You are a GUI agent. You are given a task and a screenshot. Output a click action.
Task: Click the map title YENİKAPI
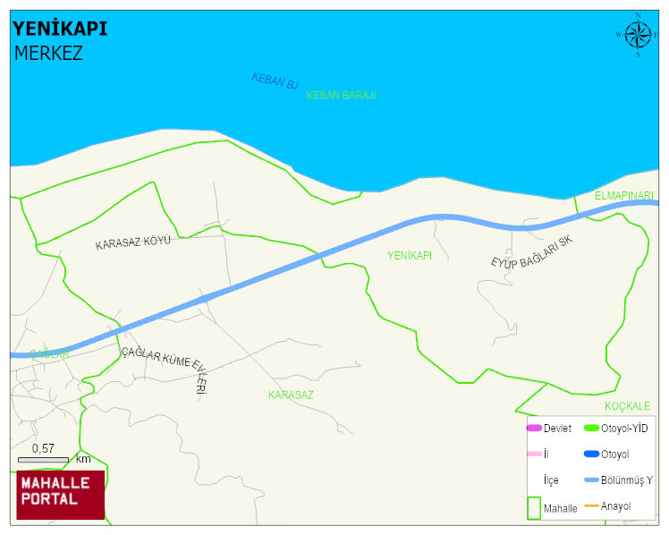coord(60,29)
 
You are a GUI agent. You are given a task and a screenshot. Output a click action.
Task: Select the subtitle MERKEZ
coord(48,53)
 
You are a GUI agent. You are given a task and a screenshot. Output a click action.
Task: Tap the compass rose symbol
coord(637,35)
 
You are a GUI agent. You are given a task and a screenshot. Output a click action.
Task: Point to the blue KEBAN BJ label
coord(275,81)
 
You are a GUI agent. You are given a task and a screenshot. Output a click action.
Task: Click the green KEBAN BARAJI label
coord(341,95)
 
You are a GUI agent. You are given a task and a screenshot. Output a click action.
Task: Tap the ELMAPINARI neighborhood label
coord(624,195)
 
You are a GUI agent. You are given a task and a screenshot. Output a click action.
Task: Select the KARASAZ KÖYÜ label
coord(132,242)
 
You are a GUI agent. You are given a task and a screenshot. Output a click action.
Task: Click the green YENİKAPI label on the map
coord(410,256)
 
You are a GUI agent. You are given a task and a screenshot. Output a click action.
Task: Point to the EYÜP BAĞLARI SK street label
coord(530,251)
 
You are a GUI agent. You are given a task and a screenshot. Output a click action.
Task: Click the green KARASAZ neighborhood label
coord(291,394)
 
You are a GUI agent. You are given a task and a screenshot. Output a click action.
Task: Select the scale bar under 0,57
coord(43,460)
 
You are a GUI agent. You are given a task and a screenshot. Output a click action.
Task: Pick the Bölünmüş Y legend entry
coord(617,480)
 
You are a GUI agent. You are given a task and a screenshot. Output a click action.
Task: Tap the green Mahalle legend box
coord(533,507)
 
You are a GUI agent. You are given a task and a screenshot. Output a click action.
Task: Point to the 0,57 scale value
coord(43,448)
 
